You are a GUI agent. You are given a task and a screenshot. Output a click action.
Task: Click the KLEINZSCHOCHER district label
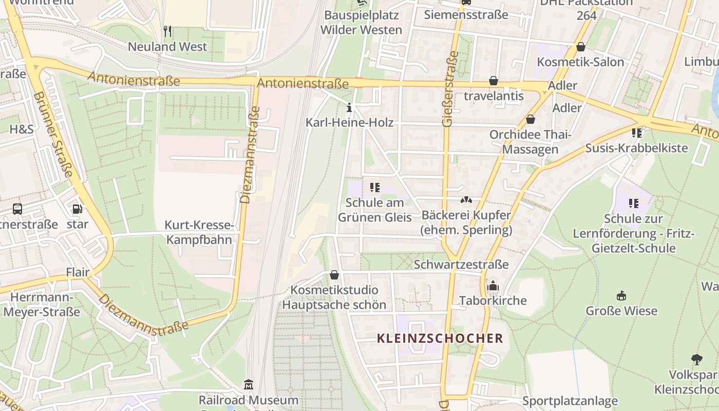pyautogui.click(x=440, y=338)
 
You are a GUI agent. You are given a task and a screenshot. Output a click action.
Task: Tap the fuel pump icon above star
pyautogui.click(x=77, y=209)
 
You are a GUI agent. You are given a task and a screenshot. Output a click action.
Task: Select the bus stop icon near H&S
pyautogui.click(x=17, y=209)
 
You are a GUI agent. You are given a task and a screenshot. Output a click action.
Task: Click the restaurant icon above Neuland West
pyautogui.click(x=167, y=32)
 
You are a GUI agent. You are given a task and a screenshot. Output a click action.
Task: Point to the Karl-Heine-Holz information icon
pyautogui.click(x=349, y=108)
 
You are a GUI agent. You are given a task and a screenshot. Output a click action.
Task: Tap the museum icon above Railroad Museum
pyautogui.click(x=249, y=385)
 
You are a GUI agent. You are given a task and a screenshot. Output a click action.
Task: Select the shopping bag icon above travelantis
pyautogui.click(x=493, y=81)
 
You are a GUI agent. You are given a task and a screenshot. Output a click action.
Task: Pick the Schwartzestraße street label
pyautogui.click(x=461, y=265)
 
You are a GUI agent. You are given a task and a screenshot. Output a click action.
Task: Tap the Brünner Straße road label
pyautogui.click(x=53, y=135)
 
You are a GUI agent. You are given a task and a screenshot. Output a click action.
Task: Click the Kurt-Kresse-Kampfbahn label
pyautogui.click(x=199, y=232)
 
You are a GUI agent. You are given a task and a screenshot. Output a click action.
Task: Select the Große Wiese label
pyautogui.click(x=621, y=311)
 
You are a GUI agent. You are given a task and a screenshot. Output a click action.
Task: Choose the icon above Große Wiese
pyautogui.click(x=621, y=295)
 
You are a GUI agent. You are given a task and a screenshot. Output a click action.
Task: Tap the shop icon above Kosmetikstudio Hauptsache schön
pyautogui.click(x=334, y=275)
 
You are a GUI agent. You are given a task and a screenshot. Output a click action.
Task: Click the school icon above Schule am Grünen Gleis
pyautogui.click(x=374, y=188)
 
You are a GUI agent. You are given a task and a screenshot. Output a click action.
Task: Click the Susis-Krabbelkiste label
pyautogui.click(x=636, y=148)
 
